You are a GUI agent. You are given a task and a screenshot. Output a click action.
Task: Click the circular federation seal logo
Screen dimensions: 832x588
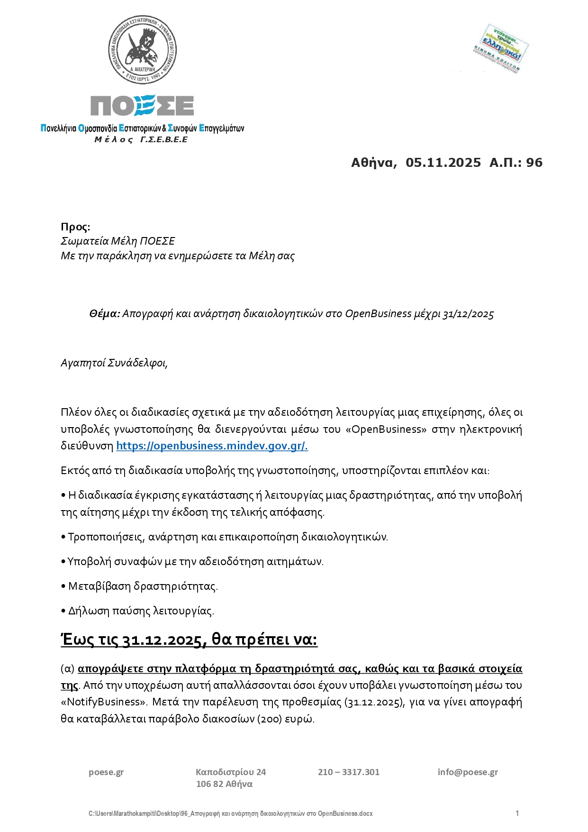pos(143,50)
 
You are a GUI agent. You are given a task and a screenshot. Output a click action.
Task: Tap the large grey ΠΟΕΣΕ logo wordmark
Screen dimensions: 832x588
pos(142,105)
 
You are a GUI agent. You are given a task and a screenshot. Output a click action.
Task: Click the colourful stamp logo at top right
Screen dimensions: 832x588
pos(500,49)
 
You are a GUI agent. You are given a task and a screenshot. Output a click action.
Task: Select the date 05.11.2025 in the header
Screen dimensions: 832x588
pos(443,163)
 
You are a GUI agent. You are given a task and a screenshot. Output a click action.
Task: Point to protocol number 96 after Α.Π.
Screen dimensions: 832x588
pos(534,163)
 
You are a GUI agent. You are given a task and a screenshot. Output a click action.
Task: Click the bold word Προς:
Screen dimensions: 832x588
pos(75,227)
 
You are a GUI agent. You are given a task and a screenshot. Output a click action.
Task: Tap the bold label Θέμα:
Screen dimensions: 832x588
pos(104,314)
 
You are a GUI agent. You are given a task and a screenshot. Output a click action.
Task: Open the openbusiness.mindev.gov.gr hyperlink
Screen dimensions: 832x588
pos(212,446)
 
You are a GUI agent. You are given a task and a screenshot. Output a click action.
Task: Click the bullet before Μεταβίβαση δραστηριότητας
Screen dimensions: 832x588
pos(63,586)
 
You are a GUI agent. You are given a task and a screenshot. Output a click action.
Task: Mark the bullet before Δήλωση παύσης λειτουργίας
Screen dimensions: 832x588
pos(63,611)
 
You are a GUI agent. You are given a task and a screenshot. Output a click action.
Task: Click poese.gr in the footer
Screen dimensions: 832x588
pos(106,772)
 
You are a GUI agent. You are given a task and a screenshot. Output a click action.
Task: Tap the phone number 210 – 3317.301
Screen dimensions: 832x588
pos(349,772)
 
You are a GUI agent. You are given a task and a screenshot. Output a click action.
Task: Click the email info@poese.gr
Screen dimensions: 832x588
pos(468,772)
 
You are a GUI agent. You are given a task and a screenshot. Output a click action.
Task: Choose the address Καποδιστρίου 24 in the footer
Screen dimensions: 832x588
pos(231,772)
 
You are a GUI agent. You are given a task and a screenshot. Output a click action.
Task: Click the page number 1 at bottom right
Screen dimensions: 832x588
pos(517,814)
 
